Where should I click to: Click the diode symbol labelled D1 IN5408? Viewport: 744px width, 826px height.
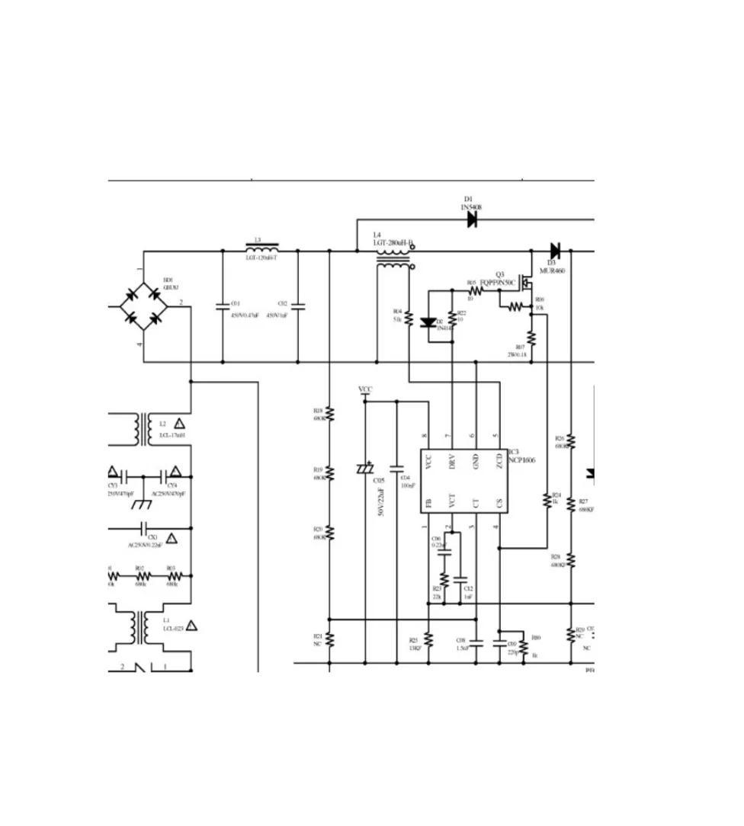(472, 219)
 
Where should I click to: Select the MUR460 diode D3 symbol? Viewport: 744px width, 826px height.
(555, 250)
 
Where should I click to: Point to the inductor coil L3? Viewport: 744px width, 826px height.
(261, 248)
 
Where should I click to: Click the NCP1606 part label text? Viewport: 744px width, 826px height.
(522, 460)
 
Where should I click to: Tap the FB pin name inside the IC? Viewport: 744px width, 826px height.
(428, 503)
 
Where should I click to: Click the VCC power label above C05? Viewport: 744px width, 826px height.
(366, 390)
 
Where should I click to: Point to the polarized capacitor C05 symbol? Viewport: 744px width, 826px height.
(365, 469)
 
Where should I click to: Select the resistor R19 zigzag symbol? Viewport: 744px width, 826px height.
(329, 473)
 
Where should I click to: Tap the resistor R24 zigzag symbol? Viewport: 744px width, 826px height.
(547, 500)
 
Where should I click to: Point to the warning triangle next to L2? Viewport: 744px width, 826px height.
(179, 424)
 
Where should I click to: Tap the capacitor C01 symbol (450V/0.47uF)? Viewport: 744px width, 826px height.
(223, 306)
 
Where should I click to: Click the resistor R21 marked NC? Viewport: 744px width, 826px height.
(329, 641)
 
